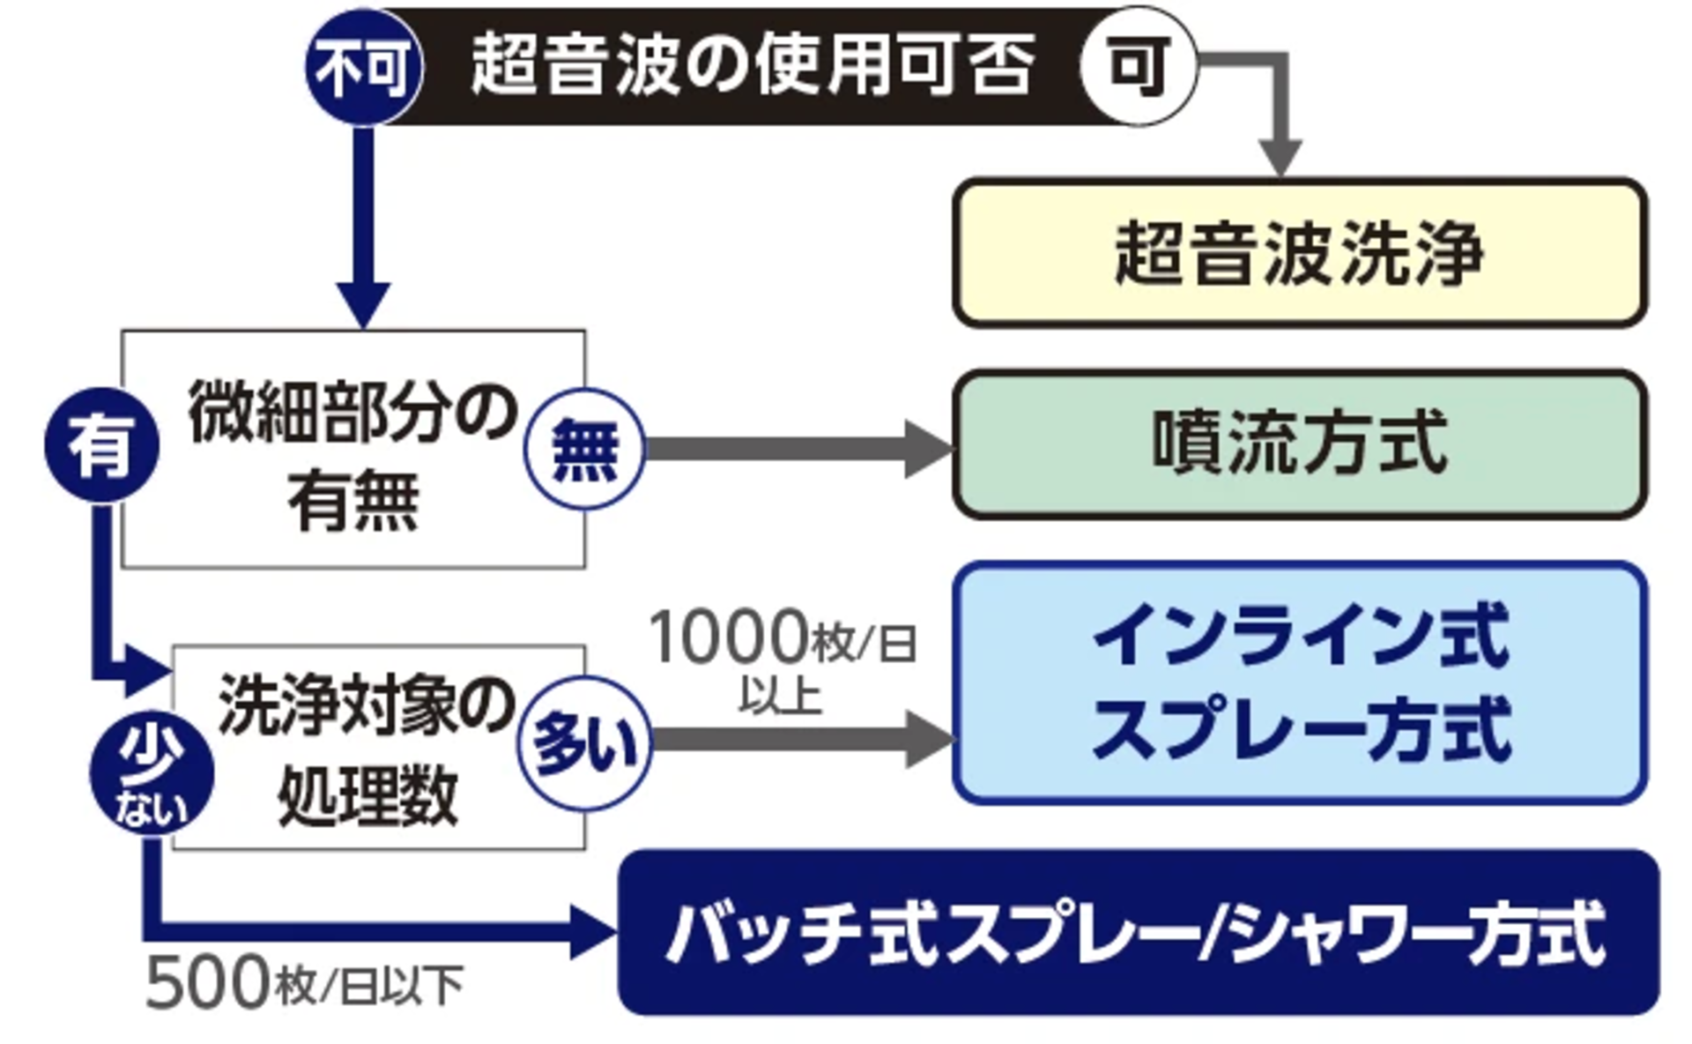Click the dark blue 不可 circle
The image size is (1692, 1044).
point(364,67)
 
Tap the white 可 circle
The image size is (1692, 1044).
point(1138,65)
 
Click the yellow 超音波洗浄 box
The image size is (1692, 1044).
point(1300,253)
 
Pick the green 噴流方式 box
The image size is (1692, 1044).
point(1300,444)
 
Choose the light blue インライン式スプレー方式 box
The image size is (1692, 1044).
point(1300,682)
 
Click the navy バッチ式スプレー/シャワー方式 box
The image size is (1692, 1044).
point(1138,932)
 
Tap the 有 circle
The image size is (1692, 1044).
point(102,444)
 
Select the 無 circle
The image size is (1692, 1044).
point(584,449)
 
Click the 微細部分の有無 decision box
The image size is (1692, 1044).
point(352,450)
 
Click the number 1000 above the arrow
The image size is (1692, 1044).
point(728,637)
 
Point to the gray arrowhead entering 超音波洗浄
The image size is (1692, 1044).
point(1280,159)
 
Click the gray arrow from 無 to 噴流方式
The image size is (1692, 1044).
point(793,449)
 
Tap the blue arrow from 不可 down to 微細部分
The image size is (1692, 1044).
point(364,220)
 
